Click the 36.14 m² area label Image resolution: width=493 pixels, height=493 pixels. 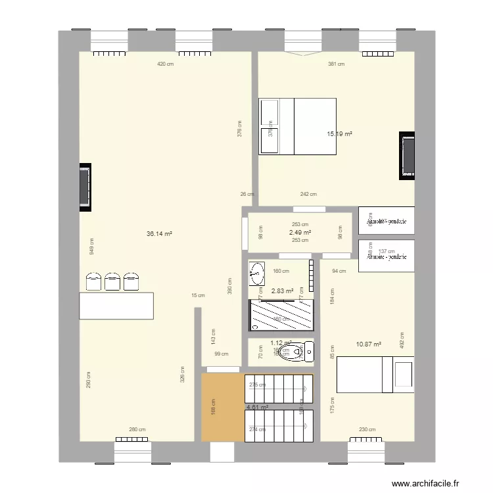[x=160, y=233]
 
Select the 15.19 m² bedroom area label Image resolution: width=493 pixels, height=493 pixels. [x=340, y=134]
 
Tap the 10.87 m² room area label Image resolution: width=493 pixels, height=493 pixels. [x=368, y=344]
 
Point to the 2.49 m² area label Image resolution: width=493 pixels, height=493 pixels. [x=300, y=233]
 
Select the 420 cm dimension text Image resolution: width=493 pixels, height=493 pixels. [x=165, y=64]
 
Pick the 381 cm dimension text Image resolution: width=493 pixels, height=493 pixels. [x=336, y=64]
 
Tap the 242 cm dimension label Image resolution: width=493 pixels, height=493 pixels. [x=308, y=194]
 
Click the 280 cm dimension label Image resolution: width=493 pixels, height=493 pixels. [x=137, y=430]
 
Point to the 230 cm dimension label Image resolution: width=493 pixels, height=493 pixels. [x=367, y=430]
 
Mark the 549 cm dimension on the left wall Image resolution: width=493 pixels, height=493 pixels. [x=91, y=245]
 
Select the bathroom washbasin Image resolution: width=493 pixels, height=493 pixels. [x=257, y=273]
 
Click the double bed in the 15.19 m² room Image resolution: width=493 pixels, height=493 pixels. [x=298, y=126]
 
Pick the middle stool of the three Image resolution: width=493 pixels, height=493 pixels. [x=113, y=281]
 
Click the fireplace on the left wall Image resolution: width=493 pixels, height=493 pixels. [x=85, y=187]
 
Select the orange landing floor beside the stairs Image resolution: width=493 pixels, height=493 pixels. [x=222, y=408]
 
